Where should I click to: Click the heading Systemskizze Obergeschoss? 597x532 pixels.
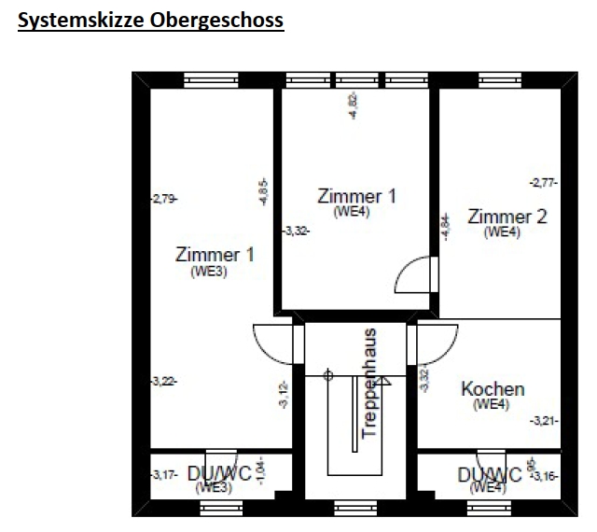click(150, 20)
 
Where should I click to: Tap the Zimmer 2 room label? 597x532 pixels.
click(507, 217)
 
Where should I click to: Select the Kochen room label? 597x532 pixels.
click(493, 389)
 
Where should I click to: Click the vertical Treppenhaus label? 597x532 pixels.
click(369, 383)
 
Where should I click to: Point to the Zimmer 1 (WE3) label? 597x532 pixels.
click(215, 254)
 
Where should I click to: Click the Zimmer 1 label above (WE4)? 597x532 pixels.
click(356, 196)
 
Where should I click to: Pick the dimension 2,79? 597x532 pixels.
click(163, 198)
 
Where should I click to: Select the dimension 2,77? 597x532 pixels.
click(543, 183)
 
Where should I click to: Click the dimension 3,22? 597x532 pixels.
click(163, 381)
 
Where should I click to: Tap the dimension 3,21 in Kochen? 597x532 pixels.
click(544, 421)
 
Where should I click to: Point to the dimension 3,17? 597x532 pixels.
click(163, 476)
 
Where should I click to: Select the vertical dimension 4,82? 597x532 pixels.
click(353, 105)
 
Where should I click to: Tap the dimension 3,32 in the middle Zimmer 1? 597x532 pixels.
click(296, 230)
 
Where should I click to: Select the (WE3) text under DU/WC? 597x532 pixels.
click(213, 487)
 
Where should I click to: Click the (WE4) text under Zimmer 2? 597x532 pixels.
click(503, 232)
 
